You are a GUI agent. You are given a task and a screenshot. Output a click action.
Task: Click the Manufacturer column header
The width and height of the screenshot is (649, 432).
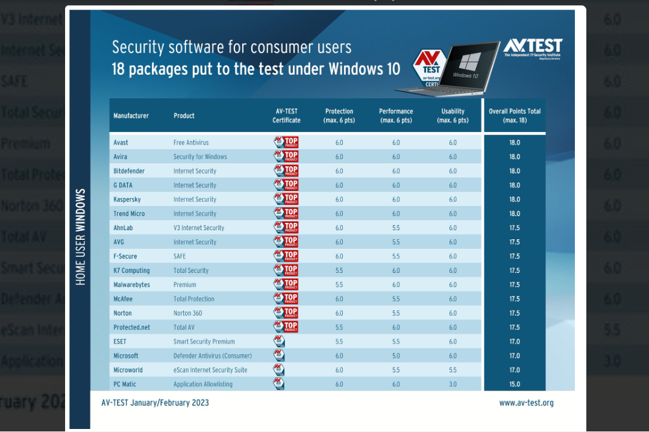(x=131, y=116)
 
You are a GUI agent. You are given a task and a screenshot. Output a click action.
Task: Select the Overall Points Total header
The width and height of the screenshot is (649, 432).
(x=514, y=116)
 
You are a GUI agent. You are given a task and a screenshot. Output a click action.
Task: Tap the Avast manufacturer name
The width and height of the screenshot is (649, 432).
(x=121, y=143)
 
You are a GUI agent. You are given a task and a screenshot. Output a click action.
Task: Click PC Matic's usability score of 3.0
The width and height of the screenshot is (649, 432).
(x=453, y=384)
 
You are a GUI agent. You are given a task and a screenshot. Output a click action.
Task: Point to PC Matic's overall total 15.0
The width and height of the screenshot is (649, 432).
(x=514, y=384)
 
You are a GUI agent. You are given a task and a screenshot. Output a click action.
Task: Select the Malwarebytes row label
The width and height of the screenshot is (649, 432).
(x=131, y=284)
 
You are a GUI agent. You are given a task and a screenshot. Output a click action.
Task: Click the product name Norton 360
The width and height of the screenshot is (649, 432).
(x=187, y=313)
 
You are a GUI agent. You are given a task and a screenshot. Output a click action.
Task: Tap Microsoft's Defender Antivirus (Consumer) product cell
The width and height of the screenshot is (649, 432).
(x=212, y=356)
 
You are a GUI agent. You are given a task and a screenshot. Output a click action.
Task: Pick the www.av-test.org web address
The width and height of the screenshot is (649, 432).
(x=526, y=403)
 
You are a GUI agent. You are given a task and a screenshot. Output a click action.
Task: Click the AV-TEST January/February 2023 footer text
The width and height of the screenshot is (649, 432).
(x=155, y=402)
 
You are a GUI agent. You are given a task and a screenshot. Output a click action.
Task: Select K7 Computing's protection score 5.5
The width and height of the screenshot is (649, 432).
(x=339, y=271)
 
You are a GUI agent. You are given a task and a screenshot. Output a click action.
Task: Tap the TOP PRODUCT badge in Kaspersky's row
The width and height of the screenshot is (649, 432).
(x=286, y=199)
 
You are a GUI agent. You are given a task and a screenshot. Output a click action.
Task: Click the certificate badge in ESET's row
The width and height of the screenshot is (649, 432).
(x=279, y=342)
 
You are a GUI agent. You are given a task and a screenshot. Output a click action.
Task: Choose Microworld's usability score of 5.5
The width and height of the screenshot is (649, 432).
(x=453, y=370)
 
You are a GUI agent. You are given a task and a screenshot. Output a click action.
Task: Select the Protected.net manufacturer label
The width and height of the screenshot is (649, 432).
(x=131, y=327)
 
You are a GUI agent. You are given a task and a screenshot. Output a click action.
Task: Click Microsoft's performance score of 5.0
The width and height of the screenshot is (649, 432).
(x=396, y=356)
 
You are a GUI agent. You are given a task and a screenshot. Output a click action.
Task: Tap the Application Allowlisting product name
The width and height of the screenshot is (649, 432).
(x=202, y=384)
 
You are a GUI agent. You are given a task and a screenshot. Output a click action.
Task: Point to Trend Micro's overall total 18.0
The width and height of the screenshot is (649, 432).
(x=514, y=214)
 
